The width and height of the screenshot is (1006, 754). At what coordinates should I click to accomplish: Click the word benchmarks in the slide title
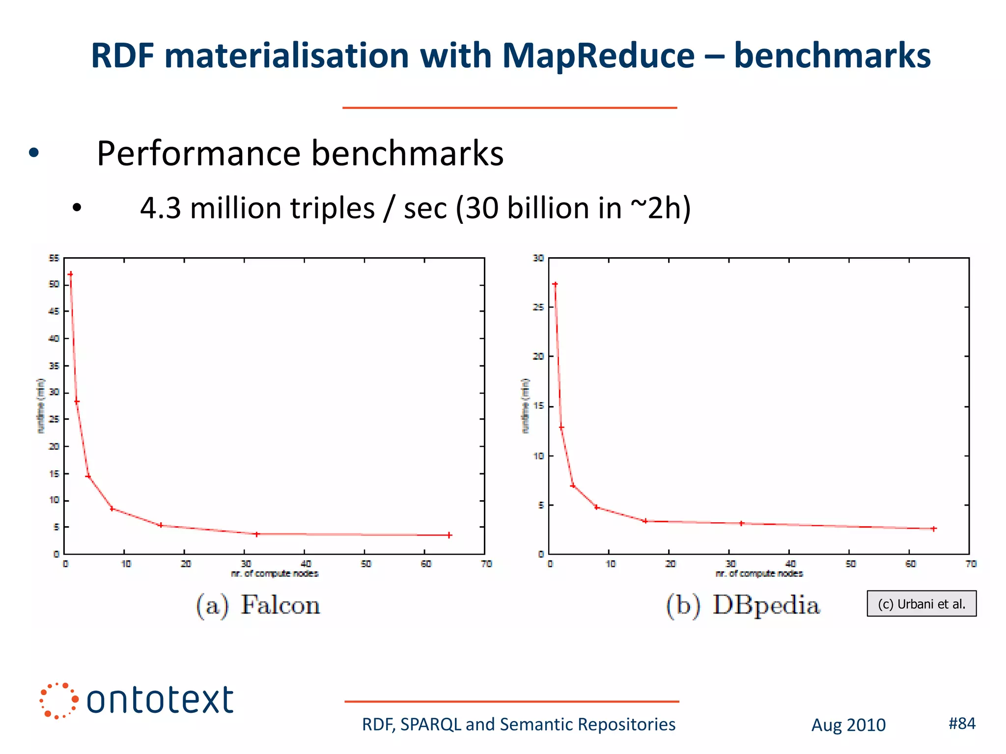click(832, 55)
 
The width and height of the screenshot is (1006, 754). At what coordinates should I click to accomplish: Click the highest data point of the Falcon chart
click(70, 274)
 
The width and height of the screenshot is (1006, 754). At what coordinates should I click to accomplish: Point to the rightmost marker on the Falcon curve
click(449, 535)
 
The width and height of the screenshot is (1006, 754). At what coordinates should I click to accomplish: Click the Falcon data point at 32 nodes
click(256, 534)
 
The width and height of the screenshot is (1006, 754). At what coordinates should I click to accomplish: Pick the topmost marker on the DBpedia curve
click(555, 284)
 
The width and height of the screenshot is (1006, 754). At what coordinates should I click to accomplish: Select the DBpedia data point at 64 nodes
click(934, 529)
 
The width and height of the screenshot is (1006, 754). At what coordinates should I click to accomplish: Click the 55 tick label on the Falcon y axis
click(54, 258)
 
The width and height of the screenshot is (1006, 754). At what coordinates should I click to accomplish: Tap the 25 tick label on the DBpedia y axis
click(538, 307)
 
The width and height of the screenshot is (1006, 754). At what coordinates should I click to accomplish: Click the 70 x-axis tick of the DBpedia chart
click(971, 564)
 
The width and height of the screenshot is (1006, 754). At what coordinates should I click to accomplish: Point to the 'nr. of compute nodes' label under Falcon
click(275, 573)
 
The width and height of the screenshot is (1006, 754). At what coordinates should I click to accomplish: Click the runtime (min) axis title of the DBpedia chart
click(526, 405)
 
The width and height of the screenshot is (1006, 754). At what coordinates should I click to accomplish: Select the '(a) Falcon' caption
click(258, 605)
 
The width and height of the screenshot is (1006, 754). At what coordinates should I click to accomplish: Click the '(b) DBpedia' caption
click(743, 605)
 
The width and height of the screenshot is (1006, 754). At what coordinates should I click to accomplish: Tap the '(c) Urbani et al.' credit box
click(922, 604)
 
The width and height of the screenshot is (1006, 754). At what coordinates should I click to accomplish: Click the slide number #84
click(962, 723)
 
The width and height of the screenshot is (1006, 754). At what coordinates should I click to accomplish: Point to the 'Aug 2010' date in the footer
click(848, 725)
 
